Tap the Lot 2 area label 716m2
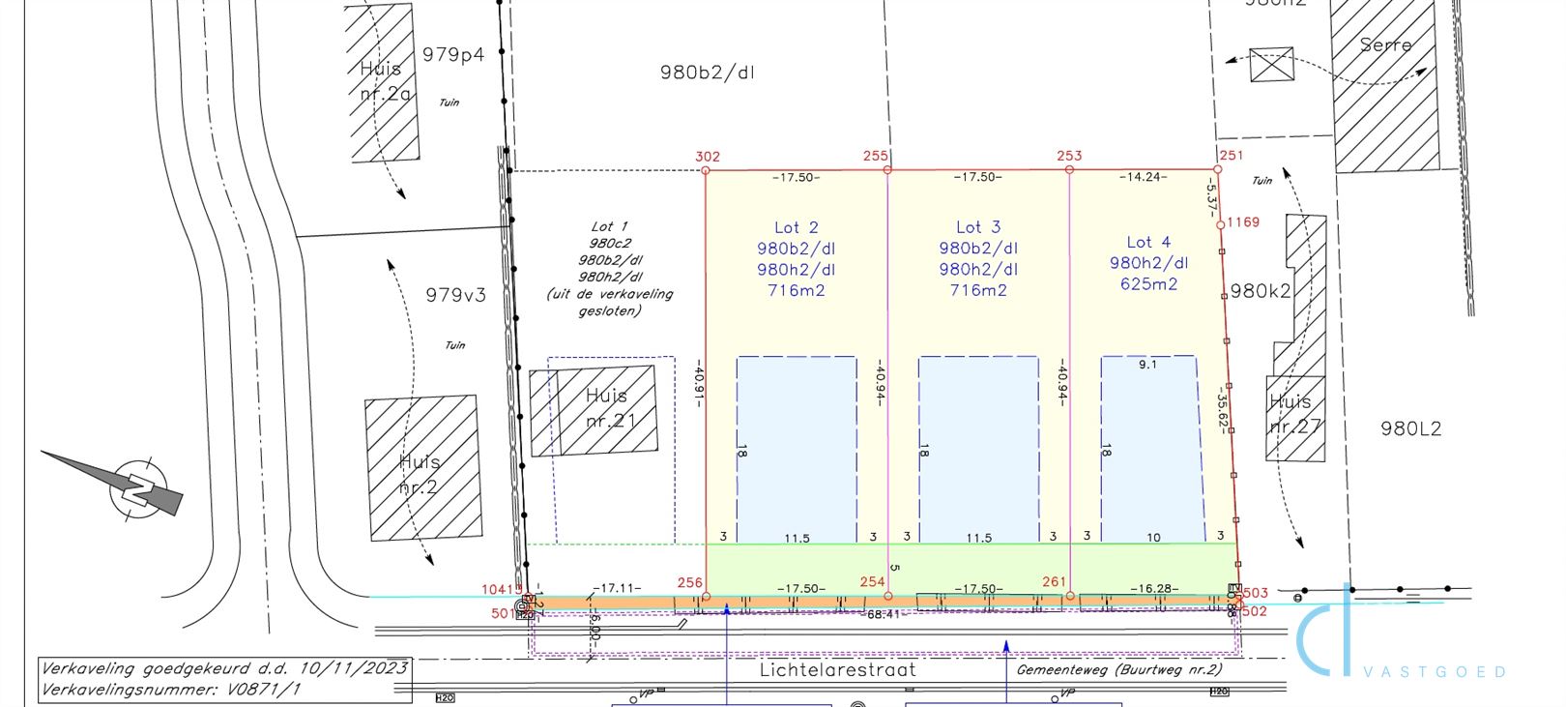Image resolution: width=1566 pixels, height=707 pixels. [796, 290]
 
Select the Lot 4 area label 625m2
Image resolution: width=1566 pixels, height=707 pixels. [1148, 284]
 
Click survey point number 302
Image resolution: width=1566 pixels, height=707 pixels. [707, 157]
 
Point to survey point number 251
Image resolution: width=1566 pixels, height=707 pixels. [1231, 156]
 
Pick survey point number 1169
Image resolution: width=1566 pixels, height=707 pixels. [1243, 222]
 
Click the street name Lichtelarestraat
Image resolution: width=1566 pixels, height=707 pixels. [837, 669]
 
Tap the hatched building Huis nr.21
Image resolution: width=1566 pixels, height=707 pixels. [594, 409]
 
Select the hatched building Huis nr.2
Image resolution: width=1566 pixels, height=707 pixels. [422, 467]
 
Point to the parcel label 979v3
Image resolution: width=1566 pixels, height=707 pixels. [455, 294]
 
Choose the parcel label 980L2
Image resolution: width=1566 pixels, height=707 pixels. [1410, 428]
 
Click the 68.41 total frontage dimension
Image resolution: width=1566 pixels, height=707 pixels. [884, 615]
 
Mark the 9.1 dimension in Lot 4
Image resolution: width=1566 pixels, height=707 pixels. [1147, 365]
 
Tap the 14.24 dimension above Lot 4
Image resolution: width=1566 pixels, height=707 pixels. [1143, 177]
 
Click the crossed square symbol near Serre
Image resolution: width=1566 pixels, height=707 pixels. [1271, 64]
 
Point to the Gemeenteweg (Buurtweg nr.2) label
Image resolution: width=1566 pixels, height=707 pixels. [1119, 669]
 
